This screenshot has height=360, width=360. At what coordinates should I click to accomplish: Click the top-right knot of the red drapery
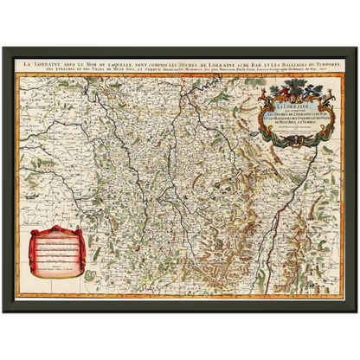click(90, 230)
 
